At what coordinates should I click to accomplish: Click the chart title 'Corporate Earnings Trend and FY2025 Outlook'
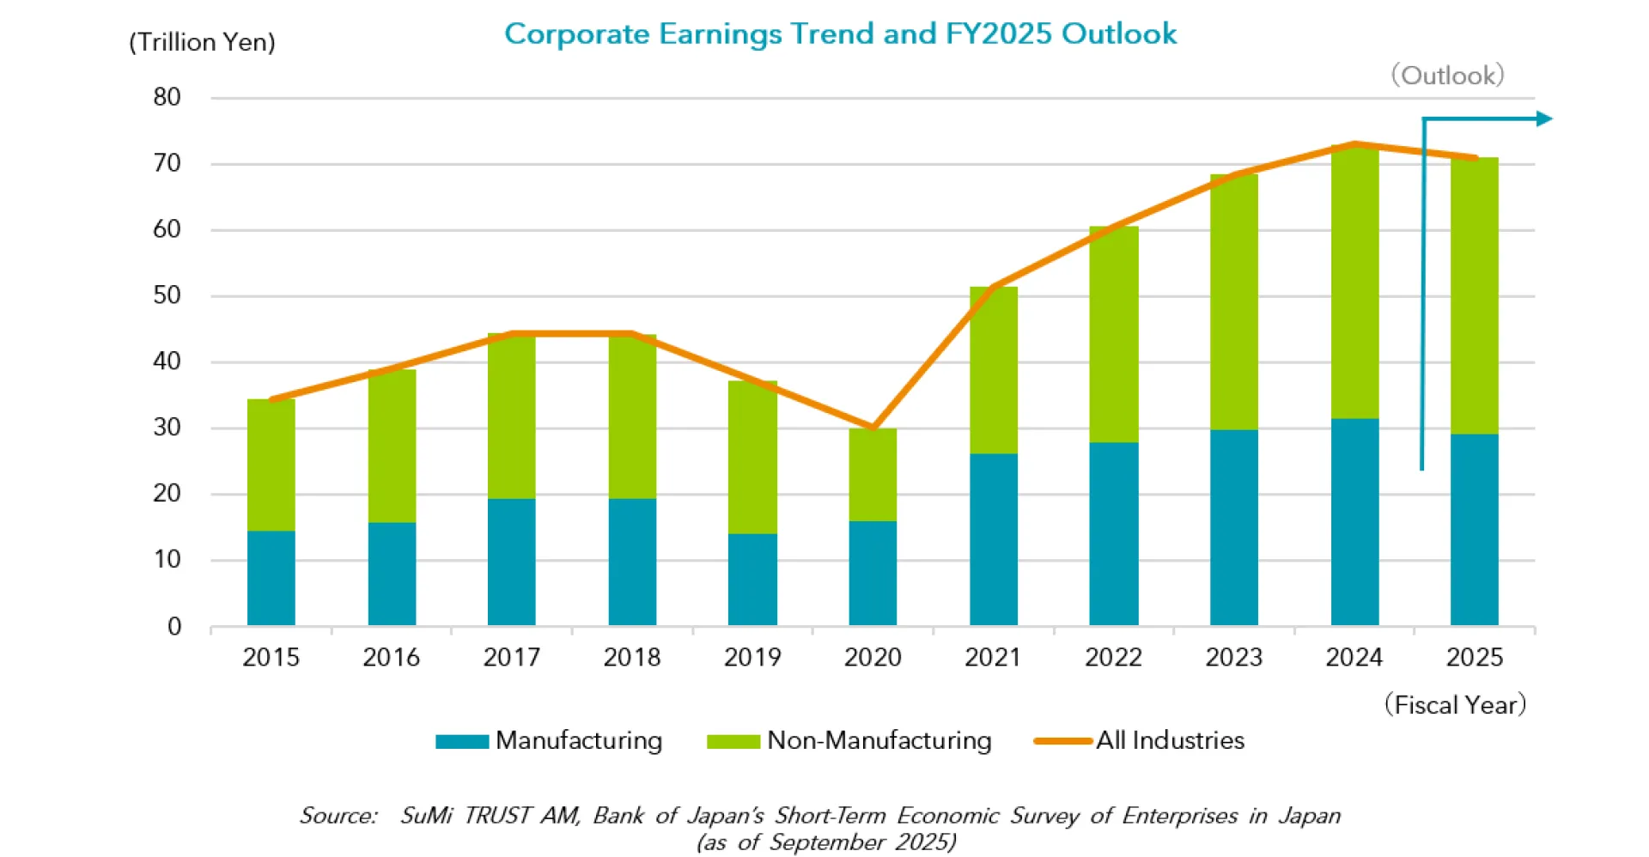click(840, 33)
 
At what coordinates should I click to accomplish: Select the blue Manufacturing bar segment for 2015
click(271, 578)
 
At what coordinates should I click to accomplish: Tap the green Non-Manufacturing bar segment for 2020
click(873, 475)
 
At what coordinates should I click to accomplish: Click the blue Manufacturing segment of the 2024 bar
click(1354, 521)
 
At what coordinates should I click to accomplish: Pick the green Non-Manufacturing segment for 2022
click(1114, 335)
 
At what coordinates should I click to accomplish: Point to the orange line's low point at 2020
click(873, 427)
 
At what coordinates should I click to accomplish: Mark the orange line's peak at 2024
click(1354, 144)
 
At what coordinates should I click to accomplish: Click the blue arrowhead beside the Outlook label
click(1544, 119)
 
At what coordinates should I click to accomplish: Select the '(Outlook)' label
click(1447, 76)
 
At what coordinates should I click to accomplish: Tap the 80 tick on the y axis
click(167, 97)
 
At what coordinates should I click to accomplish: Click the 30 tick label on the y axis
click(167, 428)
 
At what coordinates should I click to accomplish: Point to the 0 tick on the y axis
click(174, 626)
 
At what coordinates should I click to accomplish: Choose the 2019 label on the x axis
click(752, 658)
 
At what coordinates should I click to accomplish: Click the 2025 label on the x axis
click(1475, 658)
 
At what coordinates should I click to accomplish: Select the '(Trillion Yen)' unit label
click(202, 42)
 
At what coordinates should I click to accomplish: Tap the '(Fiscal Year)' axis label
click(1455, 705)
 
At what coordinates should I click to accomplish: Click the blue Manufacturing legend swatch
click(462, 741)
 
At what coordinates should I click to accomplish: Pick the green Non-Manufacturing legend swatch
click(733, 741)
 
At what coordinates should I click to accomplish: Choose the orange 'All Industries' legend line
click(1063, 740)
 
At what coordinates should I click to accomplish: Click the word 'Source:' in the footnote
click(338, 816)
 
